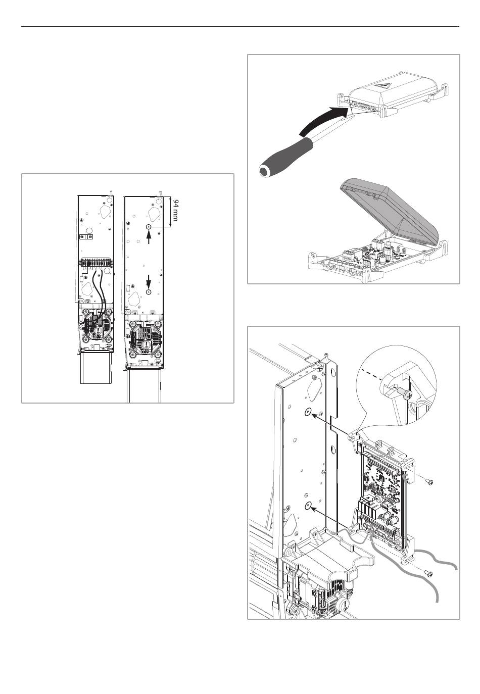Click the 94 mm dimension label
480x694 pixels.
pos(175,211)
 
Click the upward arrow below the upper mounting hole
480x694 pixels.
pos(149,237)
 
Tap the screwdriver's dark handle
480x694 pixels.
pos(285,158)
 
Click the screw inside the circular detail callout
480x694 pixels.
pos(404,394)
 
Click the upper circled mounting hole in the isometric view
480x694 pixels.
pos(308,412)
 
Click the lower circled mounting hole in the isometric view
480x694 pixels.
pos(308,506)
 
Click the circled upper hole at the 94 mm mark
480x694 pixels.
pos(149,227)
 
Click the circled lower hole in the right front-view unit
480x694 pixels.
pos(149,292)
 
